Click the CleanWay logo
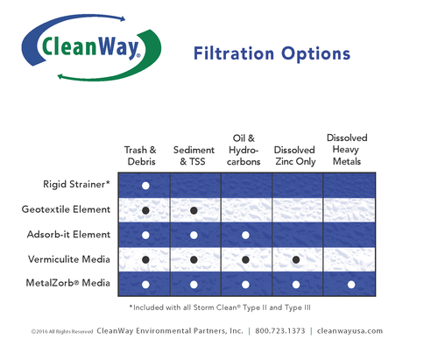(x=91, y=47)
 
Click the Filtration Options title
(x=272, y=53)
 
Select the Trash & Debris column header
(x=141, y=156)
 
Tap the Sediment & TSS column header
(x=194, y=156)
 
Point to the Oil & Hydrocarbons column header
(x=244, y=150)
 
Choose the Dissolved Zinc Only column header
(x=295, y=156)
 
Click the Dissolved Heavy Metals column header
(x=347, y=150)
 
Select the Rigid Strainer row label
(x=76, y=185)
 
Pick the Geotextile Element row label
(x=66, y=209)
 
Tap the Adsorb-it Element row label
(x=68, y=235)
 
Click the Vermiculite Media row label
(x=69, y=259)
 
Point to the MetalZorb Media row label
(x=68, y=283)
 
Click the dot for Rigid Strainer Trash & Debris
(x=145, y=186)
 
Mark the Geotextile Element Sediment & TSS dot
(x=194, y=210)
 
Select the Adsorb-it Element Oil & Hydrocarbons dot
(x=245, y=235)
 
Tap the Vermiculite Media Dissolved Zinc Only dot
(x=296, y=259)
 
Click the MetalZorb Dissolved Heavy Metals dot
(x=351, y=285)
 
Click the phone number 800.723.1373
(x=280, y=331)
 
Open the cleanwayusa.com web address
(x=350, y=331)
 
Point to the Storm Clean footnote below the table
(x=220, y=307)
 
